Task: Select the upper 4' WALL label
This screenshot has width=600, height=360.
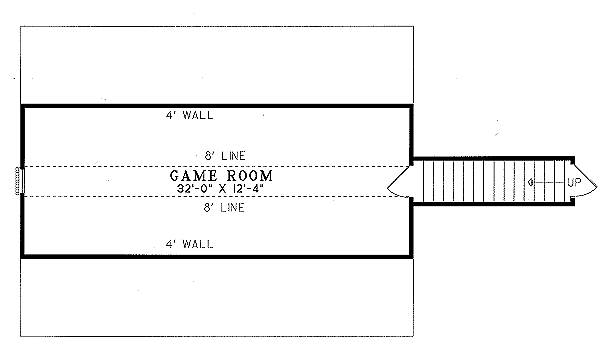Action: (x=189, y=115)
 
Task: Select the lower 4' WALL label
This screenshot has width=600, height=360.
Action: (x=189, y=244)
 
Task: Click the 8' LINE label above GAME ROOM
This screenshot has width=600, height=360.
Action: (x=223, y=155)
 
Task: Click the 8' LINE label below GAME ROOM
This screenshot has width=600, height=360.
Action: (x=223, y=208)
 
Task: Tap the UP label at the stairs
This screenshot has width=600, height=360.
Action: (x=574, y=182)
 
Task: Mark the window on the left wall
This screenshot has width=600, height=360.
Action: (x=19, y=181)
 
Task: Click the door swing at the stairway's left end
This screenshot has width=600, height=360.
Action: (x=397, y=181)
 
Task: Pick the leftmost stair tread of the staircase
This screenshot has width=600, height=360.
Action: (x=423, y=181)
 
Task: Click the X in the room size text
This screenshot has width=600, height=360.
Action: (x=224, y=187)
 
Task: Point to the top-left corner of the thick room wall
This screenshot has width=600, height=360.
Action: (x=23, y=105)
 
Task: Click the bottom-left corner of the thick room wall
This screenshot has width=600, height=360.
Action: (x=23, y=257)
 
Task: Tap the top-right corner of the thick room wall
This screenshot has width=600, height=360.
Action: (x=410, y=105)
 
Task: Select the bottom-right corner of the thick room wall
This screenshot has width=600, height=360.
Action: (x=410, y=257)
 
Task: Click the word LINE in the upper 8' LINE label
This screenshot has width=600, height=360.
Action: (x=232, y=155)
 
